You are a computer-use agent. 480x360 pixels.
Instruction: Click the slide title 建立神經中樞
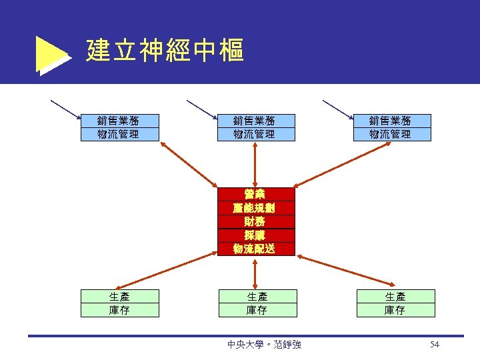(x=165, y=51)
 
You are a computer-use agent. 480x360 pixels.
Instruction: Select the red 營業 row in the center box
(x=255, y=195)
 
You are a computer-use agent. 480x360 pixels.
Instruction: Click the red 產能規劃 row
(x=255, y=208)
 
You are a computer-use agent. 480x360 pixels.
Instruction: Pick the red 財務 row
(x=255, y=221)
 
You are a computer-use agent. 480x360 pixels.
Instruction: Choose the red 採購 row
(x=255, y=235)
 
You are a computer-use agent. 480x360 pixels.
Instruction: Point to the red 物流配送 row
(x=255, y=249)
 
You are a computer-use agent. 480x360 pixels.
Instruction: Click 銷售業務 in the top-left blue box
(x=119, y=121)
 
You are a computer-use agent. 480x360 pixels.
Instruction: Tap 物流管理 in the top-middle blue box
(x=255, y=134)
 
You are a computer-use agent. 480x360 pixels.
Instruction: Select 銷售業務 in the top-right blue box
(x=391, y=121)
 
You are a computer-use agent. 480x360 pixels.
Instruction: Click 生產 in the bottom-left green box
(x=119, y=296)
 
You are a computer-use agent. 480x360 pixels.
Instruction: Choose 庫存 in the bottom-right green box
(x=395, y=310)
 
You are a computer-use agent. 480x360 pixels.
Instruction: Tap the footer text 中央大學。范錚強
(x=264, y=345)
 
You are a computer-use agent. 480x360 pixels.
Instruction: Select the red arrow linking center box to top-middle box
(x=255, y=164)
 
